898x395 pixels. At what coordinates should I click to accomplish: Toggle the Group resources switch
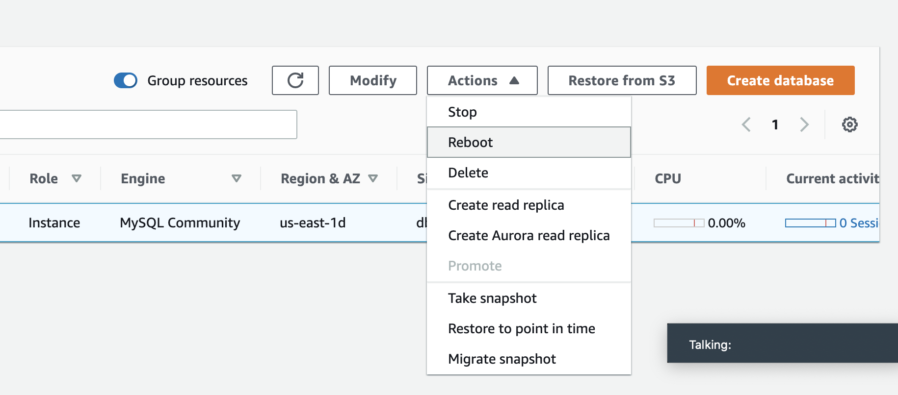point(126,80)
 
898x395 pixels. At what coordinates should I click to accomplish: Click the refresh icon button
point(295,80)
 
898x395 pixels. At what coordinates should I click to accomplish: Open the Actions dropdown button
point(482,80)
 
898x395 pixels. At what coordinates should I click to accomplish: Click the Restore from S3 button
point(622,80)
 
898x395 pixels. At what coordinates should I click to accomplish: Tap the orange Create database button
point(780,80)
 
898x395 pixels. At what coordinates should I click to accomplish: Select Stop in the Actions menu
point(462,112)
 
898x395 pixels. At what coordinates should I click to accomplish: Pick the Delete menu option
point(468,173)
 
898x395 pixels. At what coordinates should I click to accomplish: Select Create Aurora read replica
point(529,235)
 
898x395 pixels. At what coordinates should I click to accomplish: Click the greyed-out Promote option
point(475,266)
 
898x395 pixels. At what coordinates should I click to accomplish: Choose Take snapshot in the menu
point(492,298)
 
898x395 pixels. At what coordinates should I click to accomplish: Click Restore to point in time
point(522,328)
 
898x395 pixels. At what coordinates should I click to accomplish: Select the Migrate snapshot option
point(502,359)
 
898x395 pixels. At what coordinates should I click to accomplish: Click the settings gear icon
point(850,124)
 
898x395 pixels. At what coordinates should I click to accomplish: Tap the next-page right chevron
point(804,124)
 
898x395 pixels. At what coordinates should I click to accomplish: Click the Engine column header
point(143,178)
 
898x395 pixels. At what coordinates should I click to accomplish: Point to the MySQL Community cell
point(180,222)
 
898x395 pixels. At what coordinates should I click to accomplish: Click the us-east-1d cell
point(313,222)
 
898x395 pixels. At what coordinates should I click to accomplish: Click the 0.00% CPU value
point(726,223)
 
